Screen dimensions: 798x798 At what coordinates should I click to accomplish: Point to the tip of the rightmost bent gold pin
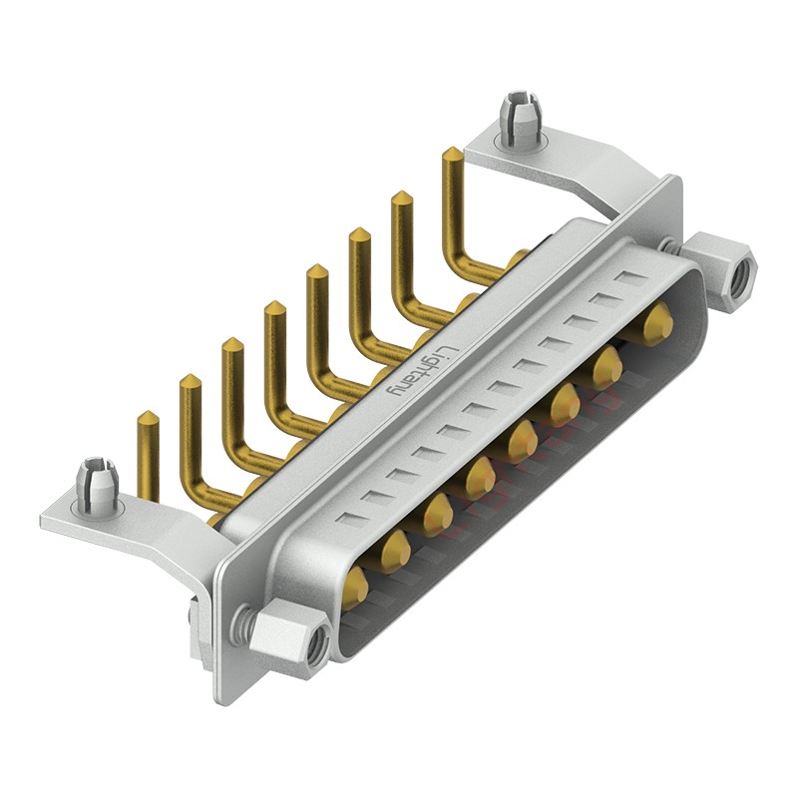tap(452, 154)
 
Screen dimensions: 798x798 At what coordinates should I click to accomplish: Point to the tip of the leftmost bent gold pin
tap(146, 416)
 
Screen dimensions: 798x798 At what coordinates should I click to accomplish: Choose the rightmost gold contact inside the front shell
tap(655, 323)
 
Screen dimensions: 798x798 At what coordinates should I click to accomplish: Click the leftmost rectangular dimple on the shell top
tap(349, 518)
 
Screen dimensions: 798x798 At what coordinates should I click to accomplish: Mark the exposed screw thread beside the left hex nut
tap(240, 626)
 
